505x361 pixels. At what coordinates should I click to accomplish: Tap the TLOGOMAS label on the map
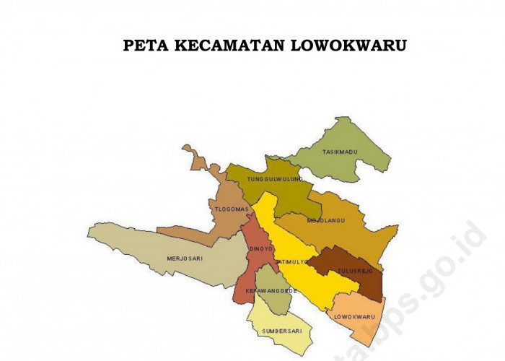232,209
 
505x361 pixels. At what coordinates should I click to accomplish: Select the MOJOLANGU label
325,220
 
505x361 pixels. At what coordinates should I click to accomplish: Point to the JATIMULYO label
291,262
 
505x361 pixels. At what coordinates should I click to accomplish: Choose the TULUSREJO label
354,271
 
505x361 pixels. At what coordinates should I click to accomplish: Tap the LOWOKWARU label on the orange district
354,316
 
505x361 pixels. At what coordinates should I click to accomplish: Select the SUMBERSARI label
276,331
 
